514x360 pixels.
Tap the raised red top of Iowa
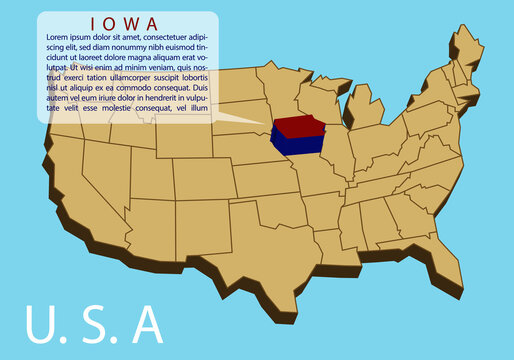pyautogui.click(x=298, y=127)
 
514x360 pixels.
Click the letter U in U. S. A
pyautogui.click(x=41, y=324)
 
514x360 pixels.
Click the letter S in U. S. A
pyautogui.click(x=94, y=324)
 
